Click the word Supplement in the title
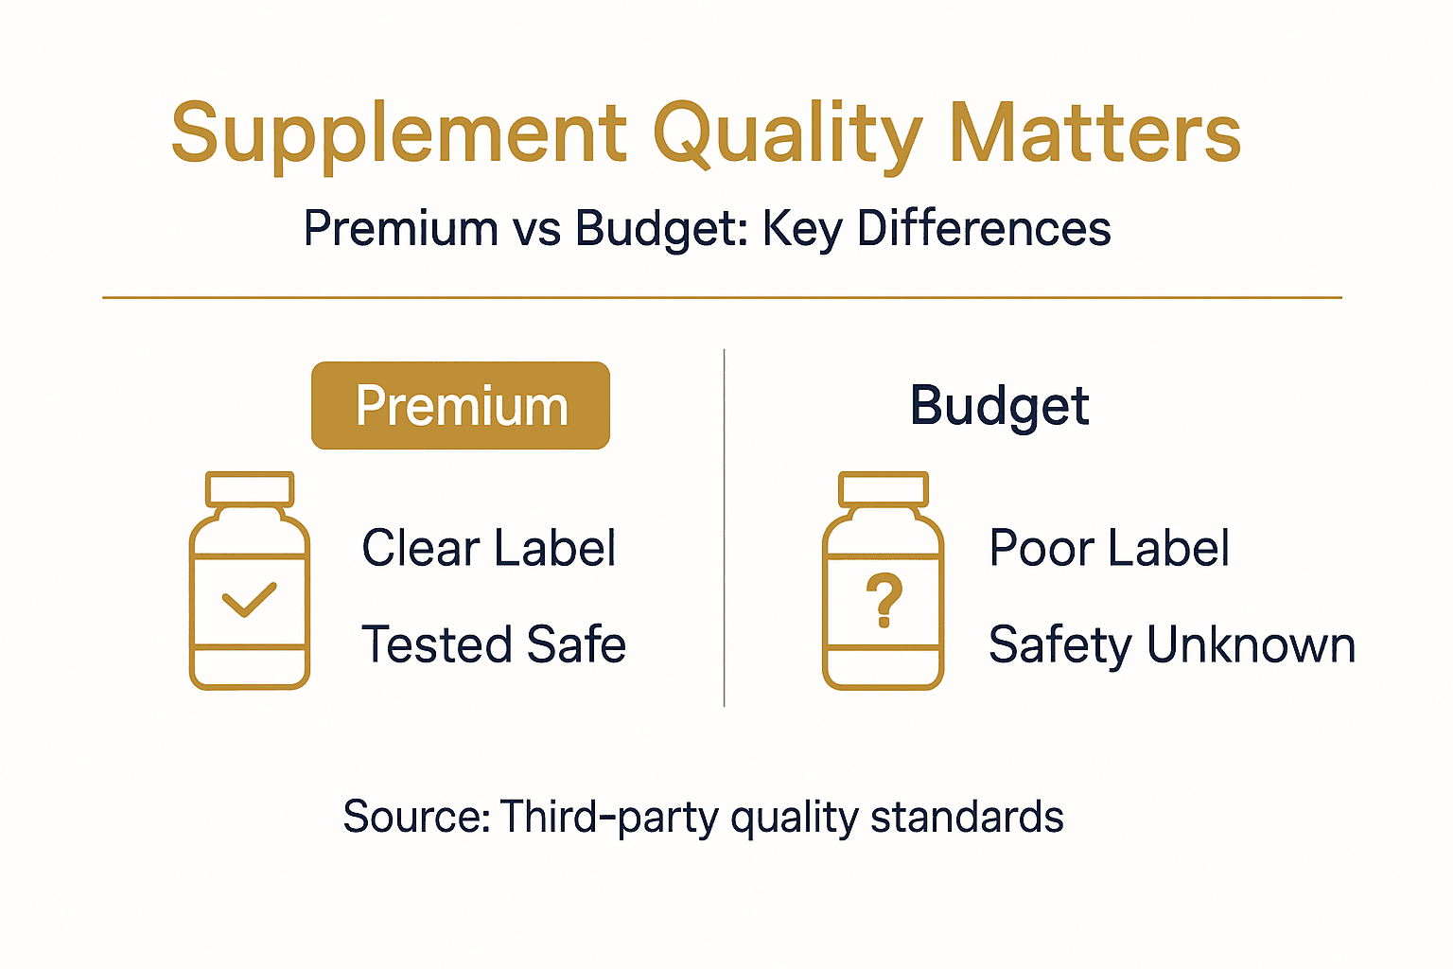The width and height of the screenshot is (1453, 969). pyautogui.click(x=398, y=134)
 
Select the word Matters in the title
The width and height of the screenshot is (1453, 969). pyautogui.click(x=1094, y=134)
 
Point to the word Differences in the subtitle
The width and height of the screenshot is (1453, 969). pyautogui.click(x=984, y=229)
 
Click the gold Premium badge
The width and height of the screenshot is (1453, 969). pyautogui.click(x=461, y=406)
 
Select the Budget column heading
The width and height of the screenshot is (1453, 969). pyautogui.click(x=999, y=406)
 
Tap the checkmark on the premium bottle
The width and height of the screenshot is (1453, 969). pyautogui.click(x=249, y=600)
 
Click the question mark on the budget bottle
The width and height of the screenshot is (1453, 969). pyautogui.click(x=884, y=600)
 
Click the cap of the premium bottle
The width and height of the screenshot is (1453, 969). pyautogui.click(x=250, y=489)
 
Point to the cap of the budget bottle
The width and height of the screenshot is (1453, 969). pyautogui.click(x=884, y=489)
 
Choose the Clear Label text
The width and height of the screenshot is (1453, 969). pyautogui.click(x=489, y=548)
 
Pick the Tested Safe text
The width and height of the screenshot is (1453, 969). pyautogui.click(x=494, y=644)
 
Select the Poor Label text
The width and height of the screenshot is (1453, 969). pyautogui.click(x=1109, y=548)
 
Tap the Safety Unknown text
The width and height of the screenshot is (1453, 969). pyautogui.click(x=1172, y=644)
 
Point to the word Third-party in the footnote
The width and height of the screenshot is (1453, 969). pyautogui.click(x=609, y=817)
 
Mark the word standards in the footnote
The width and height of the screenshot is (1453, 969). pyautogui.click(x=967, y=817)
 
